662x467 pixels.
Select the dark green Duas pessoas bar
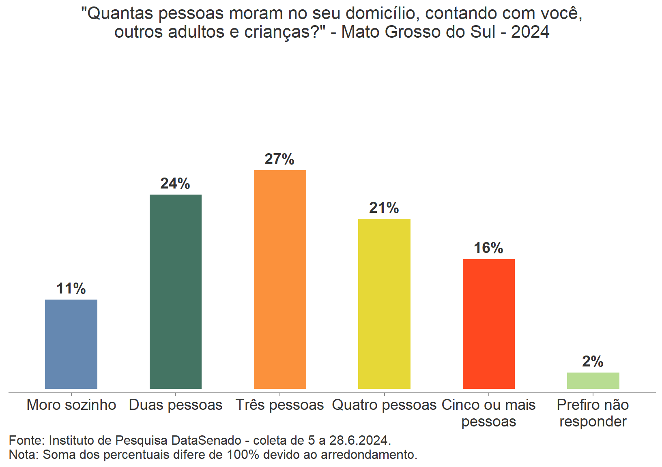[176, 291]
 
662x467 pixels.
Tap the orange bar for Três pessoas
[280, 279]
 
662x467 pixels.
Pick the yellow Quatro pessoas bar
[384, 304]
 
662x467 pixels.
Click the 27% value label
[279, 159]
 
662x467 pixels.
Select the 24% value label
[175, 184]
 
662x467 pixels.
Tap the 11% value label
[71, 289]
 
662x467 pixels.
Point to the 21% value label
[384, 208]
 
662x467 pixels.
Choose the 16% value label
[488, 248]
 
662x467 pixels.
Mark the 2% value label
[593, 362]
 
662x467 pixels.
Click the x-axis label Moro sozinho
[71, 405]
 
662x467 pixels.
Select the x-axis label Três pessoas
[280, 405]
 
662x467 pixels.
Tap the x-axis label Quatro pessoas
[384, 405]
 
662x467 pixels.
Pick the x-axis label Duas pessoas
[176, 405]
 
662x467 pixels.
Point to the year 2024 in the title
[530, 32]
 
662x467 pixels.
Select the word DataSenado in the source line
[206, 440]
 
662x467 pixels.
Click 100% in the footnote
[243, 455]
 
